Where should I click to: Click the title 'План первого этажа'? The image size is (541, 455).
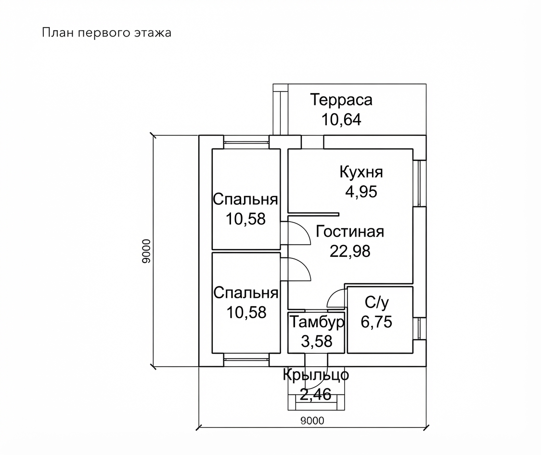tap(107, 33)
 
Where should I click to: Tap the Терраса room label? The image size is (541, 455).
tap(341, 100)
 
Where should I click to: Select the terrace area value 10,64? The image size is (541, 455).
tap(341, 120)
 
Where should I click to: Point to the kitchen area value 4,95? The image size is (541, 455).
tap(361, 192)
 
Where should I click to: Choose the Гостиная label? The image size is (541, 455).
tap(350, 231)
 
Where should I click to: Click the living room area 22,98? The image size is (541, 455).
tap(350, 251)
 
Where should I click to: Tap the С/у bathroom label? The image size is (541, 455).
tap(377, 303)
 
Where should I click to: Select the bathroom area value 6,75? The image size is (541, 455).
tap(377, 322)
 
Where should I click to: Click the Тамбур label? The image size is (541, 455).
tap(317, 322)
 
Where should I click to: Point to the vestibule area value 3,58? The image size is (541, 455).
tap(317, 341)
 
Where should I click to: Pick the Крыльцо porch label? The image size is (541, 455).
tap(316, 375)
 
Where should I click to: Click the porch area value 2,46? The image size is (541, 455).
tap(316, 394)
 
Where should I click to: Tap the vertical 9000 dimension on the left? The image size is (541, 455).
tap(146, 251)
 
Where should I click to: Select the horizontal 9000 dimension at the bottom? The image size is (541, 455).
tap(312, 420)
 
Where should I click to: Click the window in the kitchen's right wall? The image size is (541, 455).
tap(420, 183)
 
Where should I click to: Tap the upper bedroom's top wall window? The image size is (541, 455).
tap(246, 142)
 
